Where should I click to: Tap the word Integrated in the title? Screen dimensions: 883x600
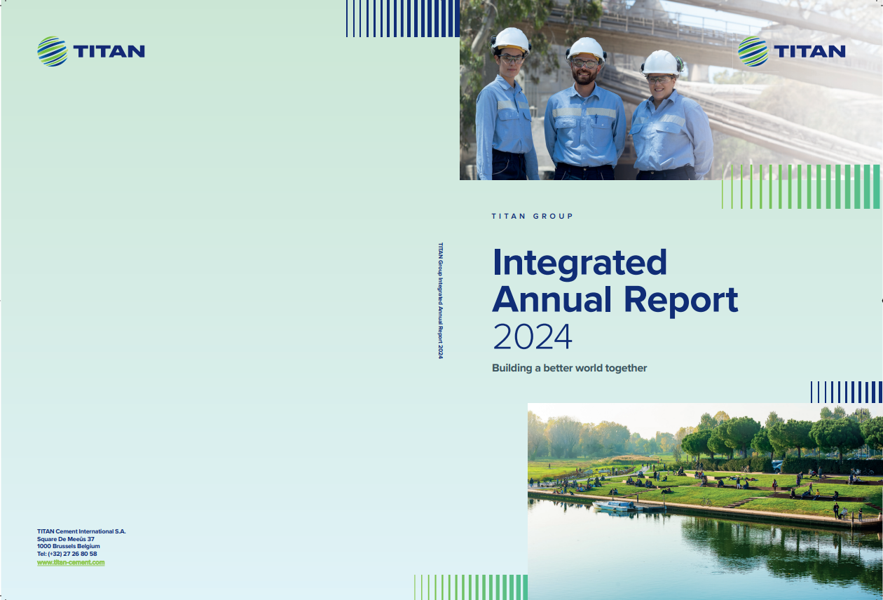580,264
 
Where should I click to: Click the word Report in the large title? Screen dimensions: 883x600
681,301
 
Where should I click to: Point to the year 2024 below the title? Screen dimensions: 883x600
532,336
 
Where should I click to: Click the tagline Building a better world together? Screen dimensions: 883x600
569,368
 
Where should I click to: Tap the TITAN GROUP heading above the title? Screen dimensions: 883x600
532,216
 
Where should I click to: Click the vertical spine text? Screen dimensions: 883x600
441,301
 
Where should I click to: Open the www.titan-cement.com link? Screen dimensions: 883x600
71,563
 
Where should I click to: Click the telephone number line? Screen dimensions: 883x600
67,554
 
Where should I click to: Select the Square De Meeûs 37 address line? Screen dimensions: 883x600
66,539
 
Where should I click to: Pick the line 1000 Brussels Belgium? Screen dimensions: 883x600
69,547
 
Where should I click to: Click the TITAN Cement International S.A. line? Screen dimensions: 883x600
81,531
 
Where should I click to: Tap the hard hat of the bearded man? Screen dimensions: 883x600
586,49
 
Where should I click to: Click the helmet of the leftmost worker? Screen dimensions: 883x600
511,40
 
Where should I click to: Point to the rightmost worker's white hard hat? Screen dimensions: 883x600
661,62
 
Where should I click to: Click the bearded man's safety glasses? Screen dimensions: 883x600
585,63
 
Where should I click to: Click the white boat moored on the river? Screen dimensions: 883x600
614,505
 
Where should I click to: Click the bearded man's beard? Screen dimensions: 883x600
584,76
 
